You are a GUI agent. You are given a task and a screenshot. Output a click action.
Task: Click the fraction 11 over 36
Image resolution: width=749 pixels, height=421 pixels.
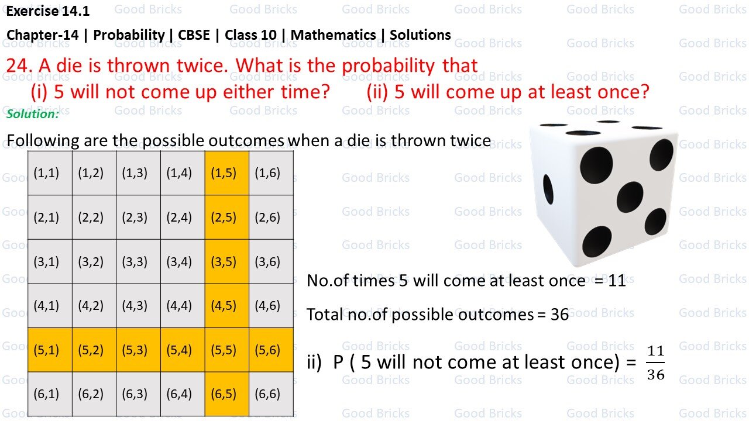click(655, 363)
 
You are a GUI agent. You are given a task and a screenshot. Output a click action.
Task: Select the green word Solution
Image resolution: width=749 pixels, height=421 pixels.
click(33, 114)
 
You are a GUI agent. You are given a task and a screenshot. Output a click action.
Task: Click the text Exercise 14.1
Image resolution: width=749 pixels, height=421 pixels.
click(48, 11)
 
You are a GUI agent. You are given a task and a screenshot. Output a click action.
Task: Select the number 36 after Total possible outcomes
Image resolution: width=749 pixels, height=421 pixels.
click(559, 315)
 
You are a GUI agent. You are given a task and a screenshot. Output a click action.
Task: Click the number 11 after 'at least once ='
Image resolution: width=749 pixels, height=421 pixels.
click(617, 281)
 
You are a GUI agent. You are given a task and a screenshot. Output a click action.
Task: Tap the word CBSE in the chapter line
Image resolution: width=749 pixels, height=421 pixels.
click(197, 34)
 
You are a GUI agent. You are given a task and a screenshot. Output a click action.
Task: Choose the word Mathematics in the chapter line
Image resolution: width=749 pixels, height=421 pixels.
click(333, 34)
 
